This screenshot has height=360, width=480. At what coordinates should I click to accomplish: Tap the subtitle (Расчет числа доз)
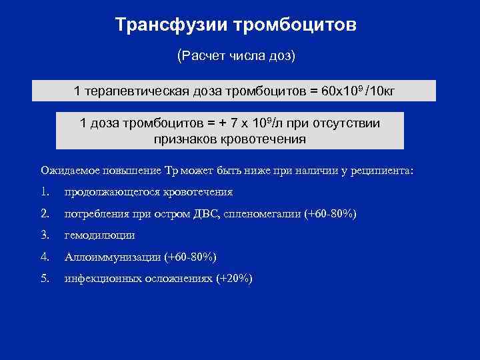236,55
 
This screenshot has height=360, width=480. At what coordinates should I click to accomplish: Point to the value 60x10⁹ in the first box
343,91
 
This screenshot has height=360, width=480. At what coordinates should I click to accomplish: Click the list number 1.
45,192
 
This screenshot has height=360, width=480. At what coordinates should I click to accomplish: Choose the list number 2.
45,213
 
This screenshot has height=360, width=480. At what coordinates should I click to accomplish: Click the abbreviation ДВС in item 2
217,213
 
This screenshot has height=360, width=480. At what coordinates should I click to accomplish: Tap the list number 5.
45,278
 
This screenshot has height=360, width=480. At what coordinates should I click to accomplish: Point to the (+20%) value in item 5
233,278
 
